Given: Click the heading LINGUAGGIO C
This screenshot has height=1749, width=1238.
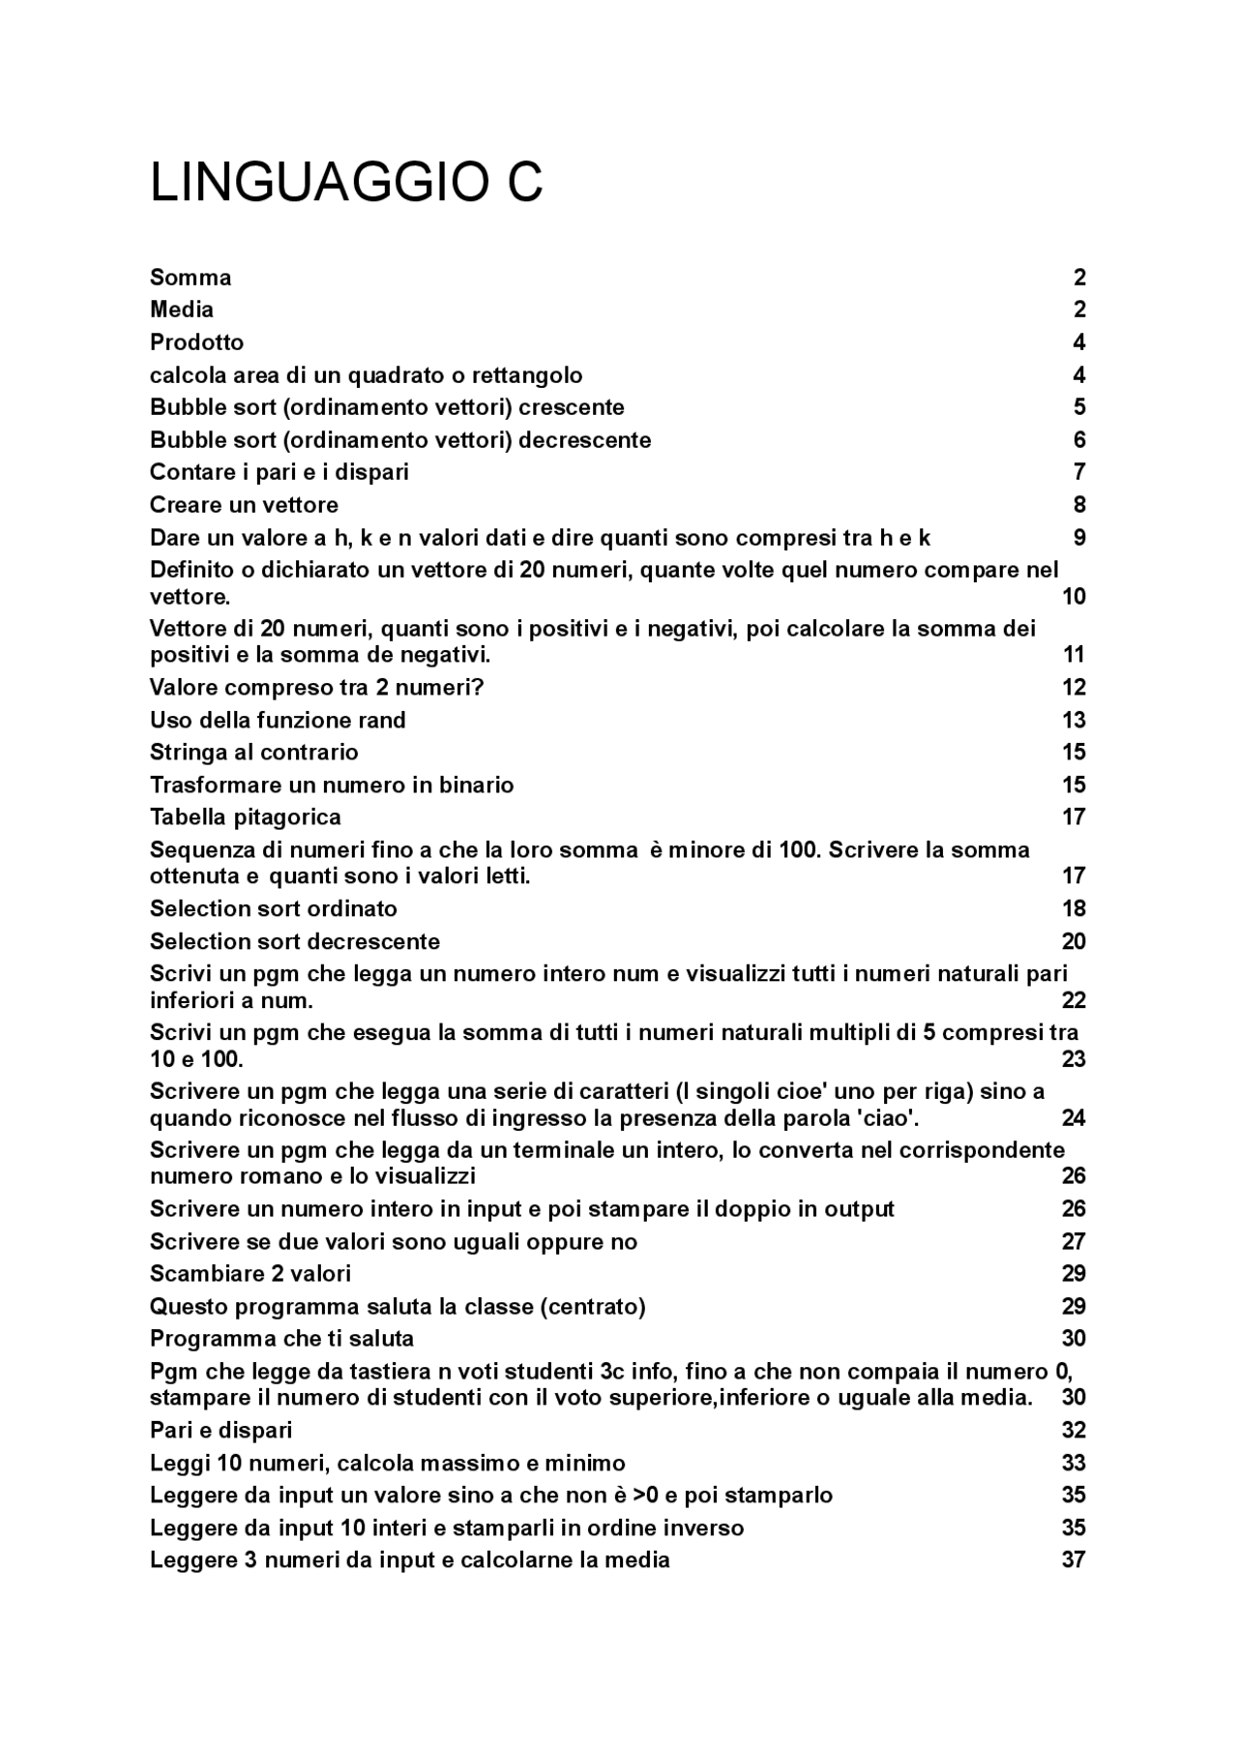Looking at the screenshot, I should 346,183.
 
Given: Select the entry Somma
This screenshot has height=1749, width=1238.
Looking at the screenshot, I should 191,278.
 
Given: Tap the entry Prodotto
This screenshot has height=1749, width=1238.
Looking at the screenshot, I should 196,342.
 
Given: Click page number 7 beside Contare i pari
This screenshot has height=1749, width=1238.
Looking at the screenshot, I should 1079,472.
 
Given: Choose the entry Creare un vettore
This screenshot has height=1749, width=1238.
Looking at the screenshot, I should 244,505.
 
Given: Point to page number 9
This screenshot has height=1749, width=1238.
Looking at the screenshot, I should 1079,538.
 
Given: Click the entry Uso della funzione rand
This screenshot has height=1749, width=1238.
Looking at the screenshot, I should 278,720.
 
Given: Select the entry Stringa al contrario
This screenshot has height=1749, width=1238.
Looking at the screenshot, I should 253,753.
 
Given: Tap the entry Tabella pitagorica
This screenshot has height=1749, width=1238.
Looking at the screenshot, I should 245,817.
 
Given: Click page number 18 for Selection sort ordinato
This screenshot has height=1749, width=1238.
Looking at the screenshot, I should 1074,908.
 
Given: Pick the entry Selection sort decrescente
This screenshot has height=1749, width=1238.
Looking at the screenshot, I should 294,941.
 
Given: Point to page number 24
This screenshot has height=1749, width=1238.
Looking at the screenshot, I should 1074,1118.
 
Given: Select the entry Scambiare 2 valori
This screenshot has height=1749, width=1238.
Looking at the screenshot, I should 250,1274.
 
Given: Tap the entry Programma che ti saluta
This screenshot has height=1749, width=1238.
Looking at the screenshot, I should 281,1339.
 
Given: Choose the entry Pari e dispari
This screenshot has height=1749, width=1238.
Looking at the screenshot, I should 221,1430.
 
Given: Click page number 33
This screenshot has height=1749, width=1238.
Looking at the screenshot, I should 1074,1463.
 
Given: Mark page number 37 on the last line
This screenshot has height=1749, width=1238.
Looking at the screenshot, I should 1074,1559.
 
